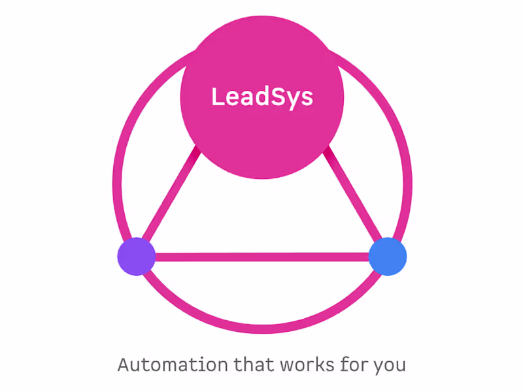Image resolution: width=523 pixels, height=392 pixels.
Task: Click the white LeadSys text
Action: click(x=262, y=97)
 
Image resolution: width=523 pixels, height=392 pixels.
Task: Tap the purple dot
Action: click(x=136, y=256)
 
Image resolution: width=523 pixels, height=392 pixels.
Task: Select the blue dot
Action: click(x=388, y=256)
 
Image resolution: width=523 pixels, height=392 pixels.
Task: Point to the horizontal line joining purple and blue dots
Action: click(x=261, y=257)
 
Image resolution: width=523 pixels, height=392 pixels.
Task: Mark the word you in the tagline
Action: click(x=390, y=365)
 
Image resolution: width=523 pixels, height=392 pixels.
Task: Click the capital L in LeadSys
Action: click(x=217, y=97)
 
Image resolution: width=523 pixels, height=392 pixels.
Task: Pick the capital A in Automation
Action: click(x=124, y=364)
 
